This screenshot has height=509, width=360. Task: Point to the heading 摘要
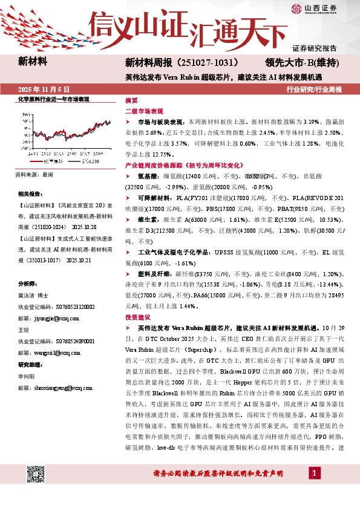coord(131,100)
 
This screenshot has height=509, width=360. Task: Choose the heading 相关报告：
coord(31,194)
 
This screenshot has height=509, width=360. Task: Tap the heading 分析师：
coord(29,284)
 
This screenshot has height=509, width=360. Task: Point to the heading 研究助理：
coord(31,365)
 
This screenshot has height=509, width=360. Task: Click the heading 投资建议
coord(137,317)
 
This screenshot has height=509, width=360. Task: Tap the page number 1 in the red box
coord(315,488)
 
